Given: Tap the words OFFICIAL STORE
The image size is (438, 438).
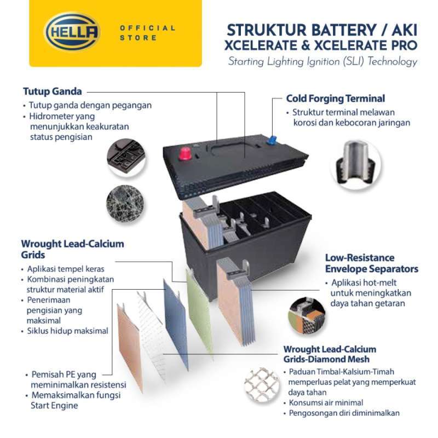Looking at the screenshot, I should pos(148,32).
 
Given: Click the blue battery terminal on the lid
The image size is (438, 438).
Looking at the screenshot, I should pos(270,139).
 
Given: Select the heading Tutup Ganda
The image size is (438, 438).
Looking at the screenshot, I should pos(53,91).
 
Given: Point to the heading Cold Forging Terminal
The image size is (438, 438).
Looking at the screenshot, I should pos(336,99).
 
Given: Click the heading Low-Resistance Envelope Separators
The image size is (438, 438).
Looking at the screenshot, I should pos(371,263).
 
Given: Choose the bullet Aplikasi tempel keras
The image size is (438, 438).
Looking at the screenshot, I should pos(66,269).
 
